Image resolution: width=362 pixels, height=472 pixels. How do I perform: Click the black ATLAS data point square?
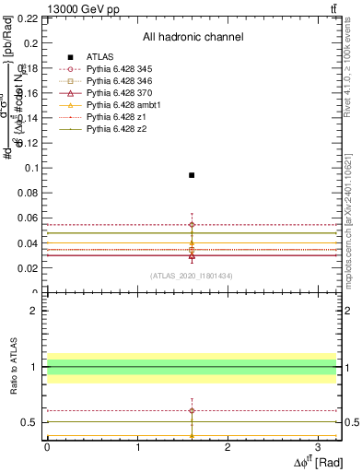coord(192,175)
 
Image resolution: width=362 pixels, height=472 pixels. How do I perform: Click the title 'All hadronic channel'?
coord(193,37)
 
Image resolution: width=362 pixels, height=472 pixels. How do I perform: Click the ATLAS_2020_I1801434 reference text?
coord(192,276)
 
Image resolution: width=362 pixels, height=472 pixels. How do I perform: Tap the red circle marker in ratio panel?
coord(192,410)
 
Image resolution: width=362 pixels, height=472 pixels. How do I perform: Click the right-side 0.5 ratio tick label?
coord(351,423)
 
